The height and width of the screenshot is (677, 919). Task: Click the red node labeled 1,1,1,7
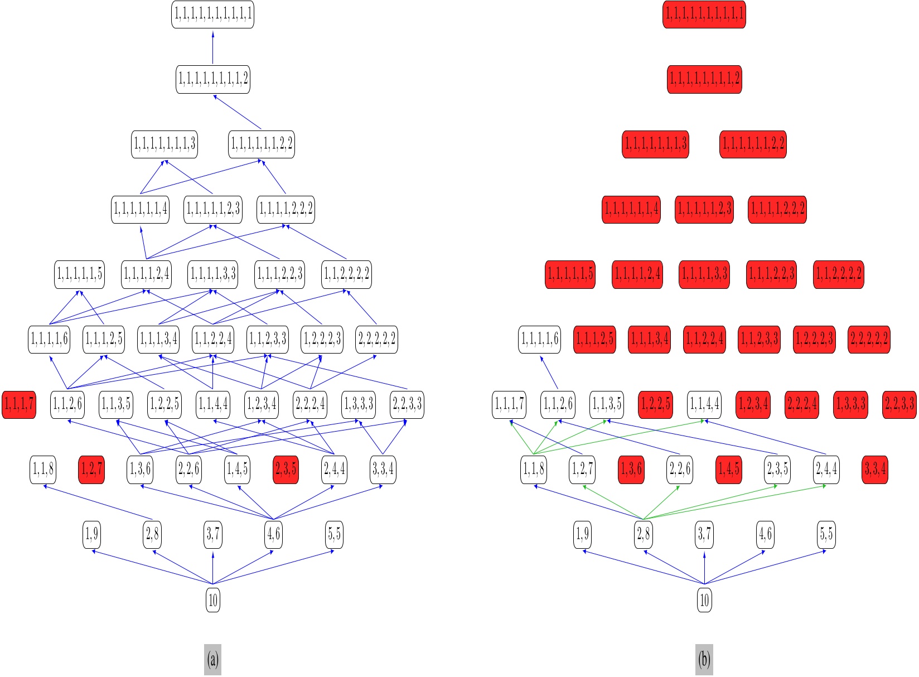pyautogui.click(x=19, y=404)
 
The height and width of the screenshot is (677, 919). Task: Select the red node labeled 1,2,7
pyautogui.click(x=91, y=470)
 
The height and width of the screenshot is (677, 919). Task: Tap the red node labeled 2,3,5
pyautogui.click(x=286, y=470)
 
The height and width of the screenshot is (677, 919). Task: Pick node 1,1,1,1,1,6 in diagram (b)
pyautogui.click(x=540, y=339)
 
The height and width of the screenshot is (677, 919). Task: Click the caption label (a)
pyautogui.click(x=212, y=660)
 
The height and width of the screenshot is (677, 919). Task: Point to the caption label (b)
pyautogui.click(x=704, y=660)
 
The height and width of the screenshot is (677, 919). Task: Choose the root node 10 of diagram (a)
pyautogui.click(x=212, y=599)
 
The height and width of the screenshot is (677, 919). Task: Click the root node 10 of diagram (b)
pyautogui.click(x=704, y=599)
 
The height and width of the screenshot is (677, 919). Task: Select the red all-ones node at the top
pyautogui.click(x=704, y=14)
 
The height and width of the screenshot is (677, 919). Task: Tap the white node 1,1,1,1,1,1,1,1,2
pyautogui.click(x=212, y=79)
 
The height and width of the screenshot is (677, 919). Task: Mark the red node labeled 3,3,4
pyautogui.click(x=875, y=470)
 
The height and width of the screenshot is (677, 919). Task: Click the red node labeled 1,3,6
pyautogui.click(x=631, y=470)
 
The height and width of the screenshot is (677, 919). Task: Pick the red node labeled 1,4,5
pyautogui.click(x=729, y=470)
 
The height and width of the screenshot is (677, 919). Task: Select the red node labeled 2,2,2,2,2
pyautogui.click(x=869, y=339)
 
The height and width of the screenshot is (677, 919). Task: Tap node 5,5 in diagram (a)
pyautogui.click(x=334, y=534)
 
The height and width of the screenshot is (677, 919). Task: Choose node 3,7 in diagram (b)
pyautogui.click(x=704, y=534)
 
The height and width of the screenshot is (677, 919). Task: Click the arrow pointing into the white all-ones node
pyautogui.click(x=212, y=47)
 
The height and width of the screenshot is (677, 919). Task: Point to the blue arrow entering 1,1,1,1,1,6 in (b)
pyautogui.click(x=549, y=373)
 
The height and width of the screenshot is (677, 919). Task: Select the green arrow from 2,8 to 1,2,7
pyautogui.click(x=613, y=502)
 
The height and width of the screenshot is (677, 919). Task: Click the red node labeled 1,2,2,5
pyautogui.click(x=655, y=404)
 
